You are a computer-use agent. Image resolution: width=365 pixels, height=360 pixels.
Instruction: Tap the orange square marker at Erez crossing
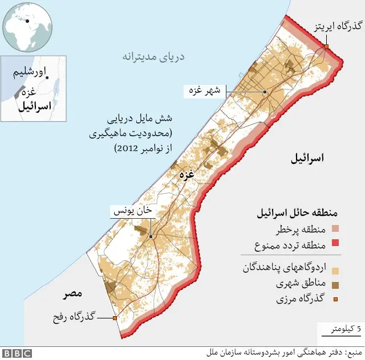(x=327, y=47)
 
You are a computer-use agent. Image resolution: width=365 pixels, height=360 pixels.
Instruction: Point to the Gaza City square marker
(x=265, y=92)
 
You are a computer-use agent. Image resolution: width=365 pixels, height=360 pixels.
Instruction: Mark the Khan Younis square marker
(x=151, y=236)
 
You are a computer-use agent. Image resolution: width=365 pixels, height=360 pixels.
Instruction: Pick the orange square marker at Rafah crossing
(x=115, y=318)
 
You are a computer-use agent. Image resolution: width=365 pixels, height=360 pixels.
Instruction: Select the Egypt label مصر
(x=73, y=293)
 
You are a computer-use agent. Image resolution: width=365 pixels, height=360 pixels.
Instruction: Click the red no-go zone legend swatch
(x=335, y=246)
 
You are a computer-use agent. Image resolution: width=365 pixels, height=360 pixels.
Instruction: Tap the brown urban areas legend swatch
(x=335, y=283)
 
